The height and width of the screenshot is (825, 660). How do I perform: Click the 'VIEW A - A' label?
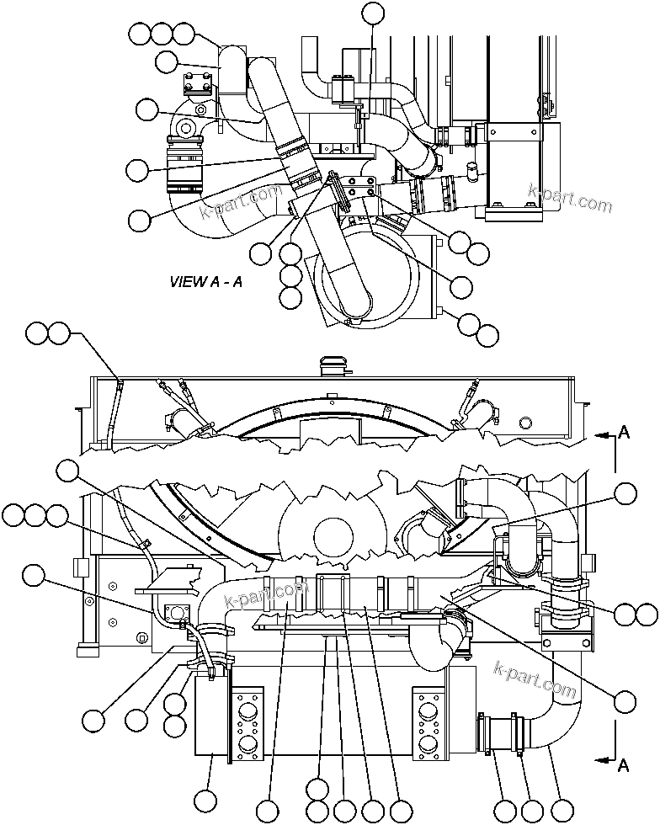[x=206, y=282]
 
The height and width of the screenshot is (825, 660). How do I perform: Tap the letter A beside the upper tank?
[x=624, y=433]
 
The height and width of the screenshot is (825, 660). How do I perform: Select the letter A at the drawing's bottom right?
[x=624, y=765]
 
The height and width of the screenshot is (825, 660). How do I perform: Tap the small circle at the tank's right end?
[x=526, y=423]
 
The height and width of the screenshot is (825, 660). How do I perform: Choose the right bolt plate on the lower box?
[x=427, y=720]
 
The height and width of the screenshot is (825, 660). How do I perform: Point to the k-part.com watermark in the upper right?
[x=569, y=198]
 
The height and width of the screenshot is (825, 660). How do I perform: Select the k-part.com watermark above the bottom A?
[x=536, y=681]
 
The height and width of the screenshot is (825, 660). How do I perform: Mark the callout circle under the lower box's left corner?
[x=205, y=800]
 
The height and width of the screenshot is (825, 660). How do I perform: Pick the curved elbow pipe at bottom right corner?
[x=551, y=716]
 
